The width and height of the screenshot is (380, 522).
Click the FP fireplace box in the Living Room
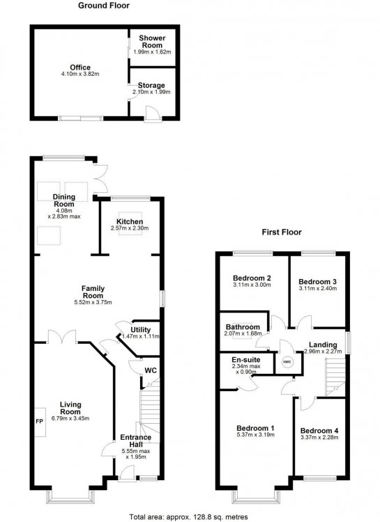click(40, 422)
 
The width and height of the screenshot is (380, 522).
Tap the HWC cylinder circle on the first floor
click(287, 362)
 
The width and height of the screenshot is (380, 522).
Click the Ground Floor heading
click(104, 6)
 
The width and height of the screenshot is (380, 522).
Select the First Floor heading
click(282, 232)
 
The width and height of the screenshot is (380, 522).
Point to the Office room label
click(80, 68)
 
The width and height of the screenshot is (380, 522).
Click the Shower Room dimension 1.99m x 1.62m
click(152, 52)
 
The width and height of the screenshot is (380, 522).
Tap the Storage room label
click(151, 85)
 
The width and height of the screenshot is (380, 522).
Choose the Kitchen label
click(130, 222)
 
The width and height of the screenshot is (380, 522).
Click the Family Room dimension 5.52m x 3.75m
click(93, 303)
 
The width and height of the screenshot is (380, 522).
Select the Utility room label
click(140, 330)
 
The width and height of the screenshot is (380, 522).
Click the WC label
click(151, 370)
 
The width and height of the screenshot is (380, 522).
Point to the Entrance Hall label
click(136, 441)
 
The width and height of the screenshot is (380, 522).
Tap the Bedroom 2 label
click(252, 278)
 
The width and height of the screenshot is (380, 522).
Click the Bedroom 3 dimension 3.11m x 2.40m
click(318, 288)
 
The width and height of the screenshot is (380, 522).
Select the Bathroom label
click(243, 327)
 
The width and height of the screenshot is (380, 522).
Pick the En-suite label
click(246, 360)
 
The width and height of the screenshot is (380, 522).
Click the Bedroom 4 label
click(319, 431)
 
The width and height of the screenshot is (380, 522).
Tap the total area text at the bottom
click(188, 517)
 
